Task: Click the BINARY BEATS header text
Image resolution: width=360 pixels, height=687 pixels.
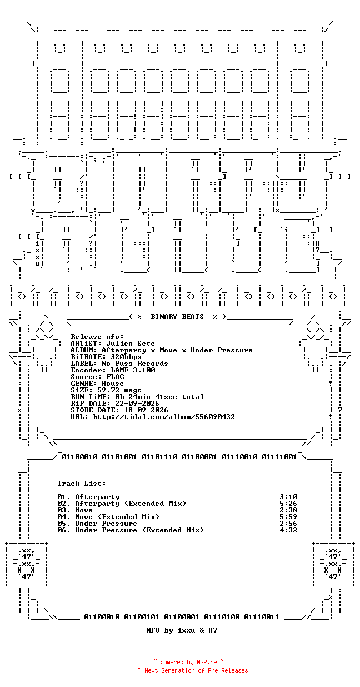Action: (177, 316)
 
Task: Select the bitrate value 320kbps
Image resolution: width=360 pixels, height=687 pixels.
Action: (126, 357)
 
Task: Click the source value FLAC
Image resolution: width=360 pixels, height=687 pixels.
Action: (116, 377)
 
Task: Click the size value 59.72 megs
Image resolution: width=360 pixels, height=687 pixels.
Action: (119, 390)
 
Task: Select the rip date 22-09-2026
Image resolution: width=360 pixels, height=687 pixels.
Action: (137, 404)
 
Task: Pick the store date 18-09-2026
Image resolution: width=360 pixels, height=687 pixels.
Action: (146, 410)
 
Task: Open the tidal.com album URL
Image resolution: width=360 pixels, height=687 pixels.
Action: (164, 417)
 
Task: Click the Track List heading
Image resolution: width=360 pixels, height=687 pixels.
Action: (82, 484)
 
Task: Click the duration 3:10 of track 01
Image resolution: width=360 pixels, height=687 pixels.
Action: (288, 497)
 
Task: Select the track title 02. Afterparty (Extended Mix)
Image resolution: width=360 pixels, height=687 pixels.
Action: (122, 504)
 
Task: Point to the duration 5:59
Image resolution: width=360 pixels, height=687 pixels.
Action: (288, 517)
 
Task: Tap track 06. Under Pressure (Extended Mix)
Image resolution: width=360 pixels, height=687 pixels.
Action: (131, 530)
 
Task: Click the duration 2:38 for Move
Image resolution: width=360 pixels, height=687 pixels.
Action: (288, 510)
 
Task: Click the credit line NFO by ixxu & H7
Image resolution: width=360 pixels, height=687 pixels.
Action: (182, 630)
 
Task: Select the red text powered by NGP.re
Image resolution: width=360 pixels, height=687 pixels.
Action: (188, 662)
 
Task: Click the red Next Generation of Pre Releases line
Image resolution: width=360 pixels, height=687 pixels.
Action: (196, 670)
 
